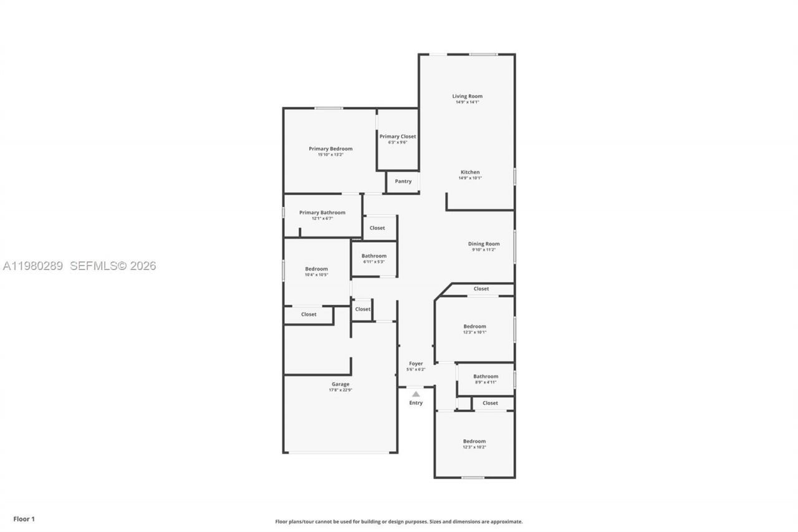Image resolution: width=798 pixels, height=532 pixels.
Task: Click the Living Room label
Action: point(467,96)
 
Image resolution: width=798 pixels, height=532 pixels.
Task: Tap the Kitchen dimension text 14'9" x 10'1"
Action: point(470,178)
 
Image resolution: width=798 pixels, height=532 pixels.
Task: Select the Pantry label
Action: point(403,181)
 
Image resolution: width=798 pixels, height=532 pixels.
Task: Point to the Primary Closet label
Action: point(397,137)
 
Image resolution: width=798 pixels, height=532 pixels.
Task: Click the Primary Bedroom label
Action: point(330,148)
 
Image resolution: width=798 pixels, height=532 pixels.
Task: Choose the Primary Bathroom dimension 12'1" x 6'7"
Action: point(322,219)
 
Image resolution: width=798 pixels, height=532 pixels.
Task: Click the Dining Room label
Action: point(484,244)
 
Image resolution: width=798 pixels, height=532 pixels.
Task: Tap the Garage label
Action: point(340,384)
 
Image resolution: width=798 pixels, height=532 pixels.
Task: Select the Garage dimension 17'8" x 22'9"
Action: point(340,390)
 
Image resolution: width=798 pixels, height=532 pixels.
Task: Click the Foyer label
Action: point(416,364)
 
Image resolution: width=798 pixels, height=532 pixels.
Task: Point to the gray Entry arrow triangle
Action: point(416,394)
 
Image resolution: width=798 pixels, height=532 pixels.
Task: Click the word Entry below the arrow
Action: point(416,403)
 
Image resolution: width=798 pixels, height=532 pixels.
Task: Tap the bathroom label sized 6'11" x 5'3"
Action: point(374,256)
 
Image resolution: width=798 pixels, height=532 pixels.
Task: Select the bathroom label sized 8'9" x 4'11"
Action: point(486,376)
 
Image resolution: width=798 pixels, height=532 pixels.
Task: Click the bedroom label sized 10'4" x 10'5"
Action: point(316,269)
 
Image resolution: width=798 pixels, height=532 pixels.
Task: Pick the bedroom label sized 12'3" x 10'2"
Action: point(474,441)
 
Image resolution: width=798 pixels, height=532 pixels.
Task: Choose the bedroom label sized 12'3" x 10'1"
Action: point(474,326)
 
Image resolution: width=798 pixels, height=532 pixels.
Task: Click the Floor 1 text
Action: point(24,519)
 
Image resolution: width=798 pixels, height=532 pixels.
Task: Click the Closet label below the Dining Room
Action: point(481,289)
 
